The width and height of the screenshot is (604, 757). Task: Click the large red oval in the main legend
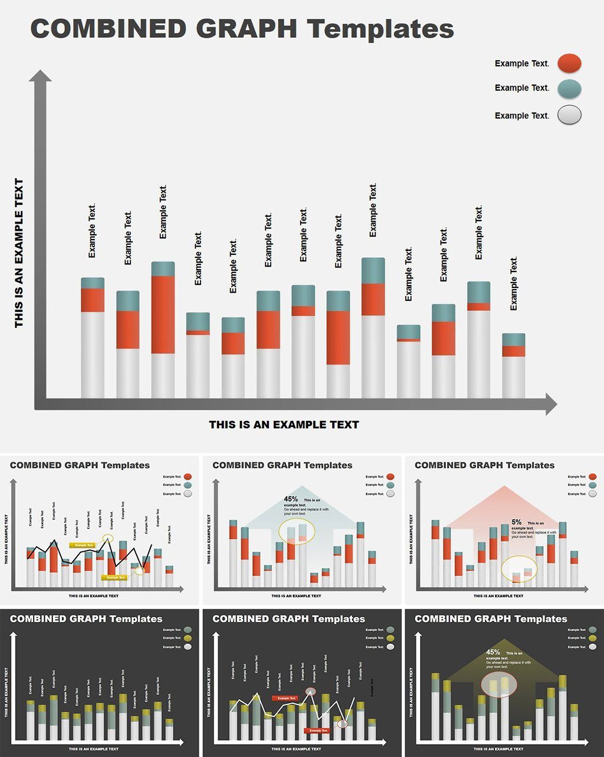tap(569, 63)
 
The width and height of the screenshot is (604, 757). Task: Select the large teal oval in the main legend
tap(569, 89)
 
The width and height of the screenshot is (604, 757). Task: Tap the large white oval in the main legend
tap(569, 115)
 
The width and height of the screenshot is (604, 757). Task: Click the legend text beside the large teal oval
tap(521, 88)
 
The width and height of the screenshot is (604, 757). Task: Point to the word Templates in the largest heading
tap(380, 29)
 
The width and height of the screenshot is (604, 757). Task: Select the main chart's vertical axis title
tap(19, 253)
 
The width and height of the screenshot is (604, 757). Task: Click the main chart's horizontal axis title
tap(284, 424)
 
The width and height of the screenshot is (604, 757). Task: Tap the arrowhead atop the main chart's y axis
tap(40, 76)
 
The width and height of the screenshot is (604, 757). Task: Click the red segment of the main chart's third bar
tap(163, 314)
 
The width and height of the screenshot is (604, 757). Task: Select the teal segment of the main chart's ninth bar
tap(373, 270)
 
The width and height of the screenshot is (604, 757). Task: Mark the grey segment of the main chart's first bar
tap(93, 354)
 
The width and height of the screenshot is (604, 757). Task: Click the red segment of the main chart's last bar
tap(513, 351)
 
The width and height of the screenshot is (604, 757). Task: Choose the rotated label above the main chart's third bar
tap(163, 212)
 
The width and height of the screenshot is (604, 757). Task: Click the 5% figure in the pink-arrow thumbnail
tap(516, 522)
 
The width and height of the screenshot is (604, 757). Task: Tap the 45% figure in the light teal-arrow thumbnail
tap(291, 499)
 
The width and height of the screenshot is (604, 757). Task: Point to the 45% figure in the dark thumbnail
tap(493, 652)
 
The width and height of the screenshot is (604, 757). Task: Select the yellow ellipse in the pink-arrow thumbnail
tap(519, 569)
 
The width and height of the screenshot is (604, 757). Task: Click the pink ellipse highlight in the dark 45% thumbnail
tap(499, 685)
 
